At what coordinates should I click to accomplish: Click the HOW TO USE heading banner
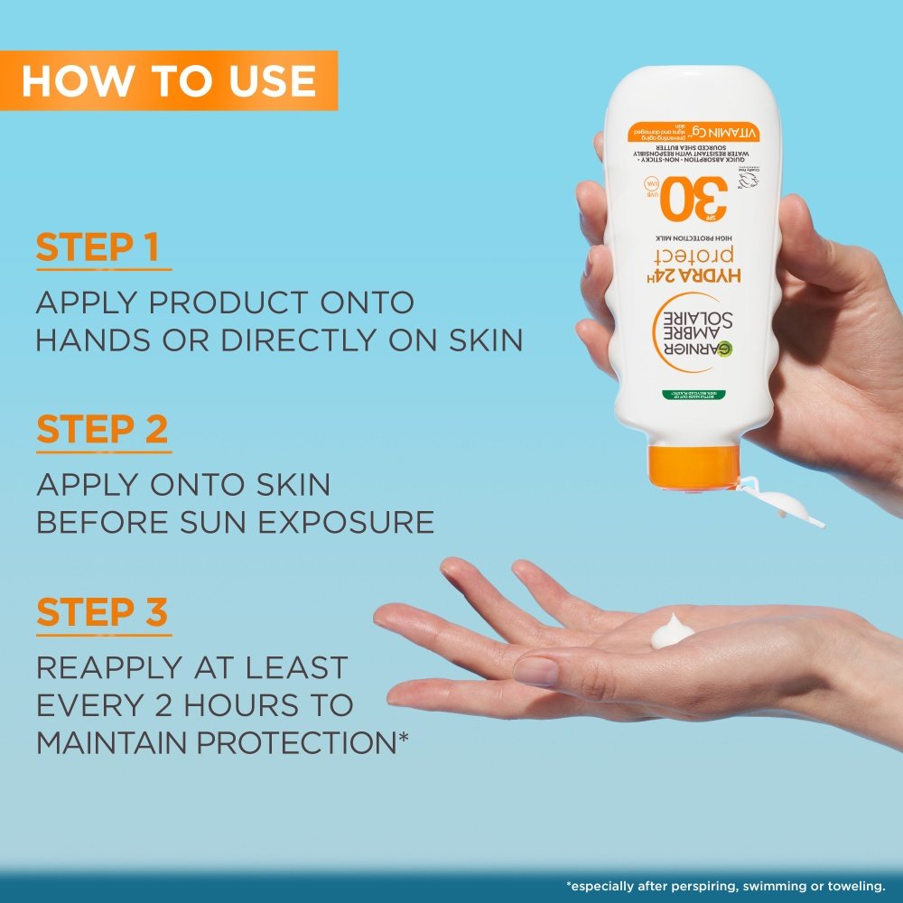(x=169, y=80)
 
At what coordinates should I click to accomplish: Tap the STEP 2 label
(x=102, y=431)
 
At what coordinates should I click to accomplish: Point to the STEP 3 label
(x=102, y=612)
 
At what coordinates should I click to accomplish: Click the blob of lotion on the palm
(x=670, y=631)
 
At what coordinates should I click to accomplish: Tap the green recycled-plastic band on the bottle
(x=691, y=396)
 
